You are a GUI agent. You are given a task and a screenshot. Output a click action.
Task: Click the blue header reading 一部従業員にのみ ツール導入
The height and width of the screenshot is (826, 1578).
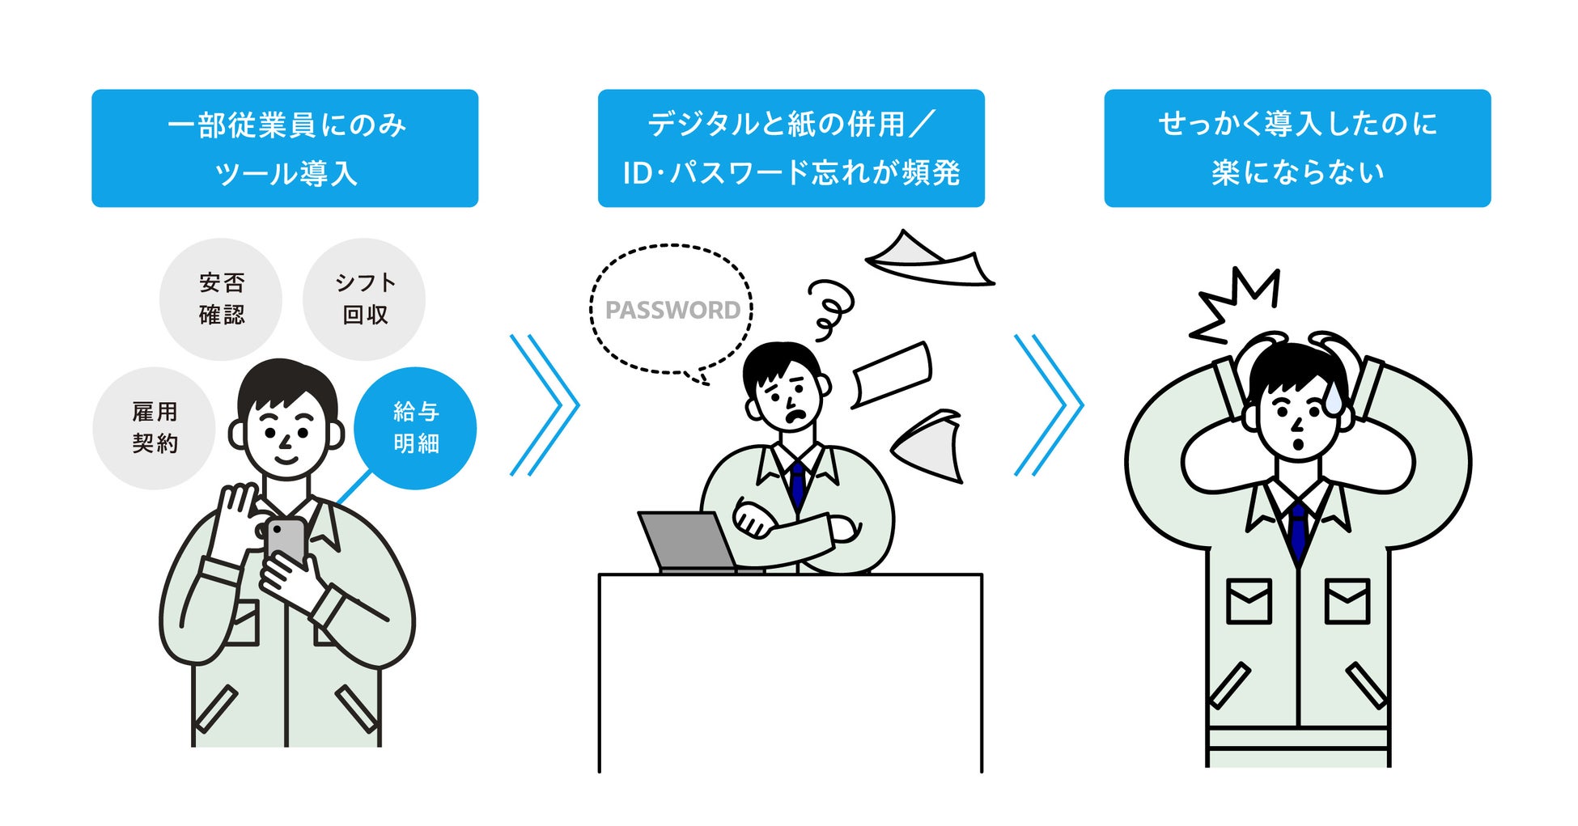coord(285,148)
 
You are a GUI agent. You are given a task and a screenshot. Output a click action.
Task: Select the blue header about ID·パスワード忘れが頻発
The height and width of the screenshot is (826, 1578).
coord(791,148)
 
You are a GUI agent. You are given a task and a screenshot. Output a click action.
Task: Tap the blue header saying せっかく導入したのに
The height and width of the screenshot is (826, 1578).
coord(1297,148)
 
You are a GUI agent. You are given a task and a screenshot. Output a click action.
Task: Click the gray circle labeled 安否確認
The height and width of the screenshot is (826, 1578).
coord(221,299)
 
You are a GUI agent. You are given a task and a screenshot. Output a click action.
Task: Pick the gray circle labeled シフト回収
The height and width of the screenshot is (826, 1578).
coord(364,299)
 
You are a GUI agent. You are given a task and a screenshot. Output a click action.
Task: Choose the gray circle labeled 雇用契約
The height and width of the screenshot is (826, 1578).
coord(154,428)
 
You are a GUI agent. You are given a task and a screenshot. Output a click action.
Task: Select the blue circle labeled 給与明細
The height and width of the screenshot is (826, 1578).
coord(415,428)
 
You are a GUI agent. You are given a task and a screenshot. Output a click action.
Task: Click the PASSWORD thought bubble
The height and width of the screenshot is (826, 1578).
coord(672,309)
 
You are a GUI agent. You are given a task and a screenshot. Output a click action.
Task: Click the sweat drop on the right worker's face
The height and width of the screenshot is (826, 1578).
coord(1333,399)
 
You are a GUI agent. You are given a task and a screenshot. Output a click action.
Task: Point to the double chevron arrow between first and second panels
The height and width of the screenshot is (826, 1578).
coord(545,405)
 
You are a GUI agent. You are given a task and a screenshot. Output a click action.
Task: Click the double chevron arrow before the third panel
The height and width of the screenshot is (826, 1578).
coord(1049,405)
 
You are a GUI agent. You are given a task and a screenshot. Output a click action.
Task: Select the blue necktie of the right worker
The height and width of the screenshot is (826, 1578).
coord(1298,530)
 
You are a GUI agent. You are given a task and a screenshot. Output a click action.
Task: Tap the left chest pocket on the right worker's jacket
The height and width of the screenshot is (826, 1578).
coord(1249,601)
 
